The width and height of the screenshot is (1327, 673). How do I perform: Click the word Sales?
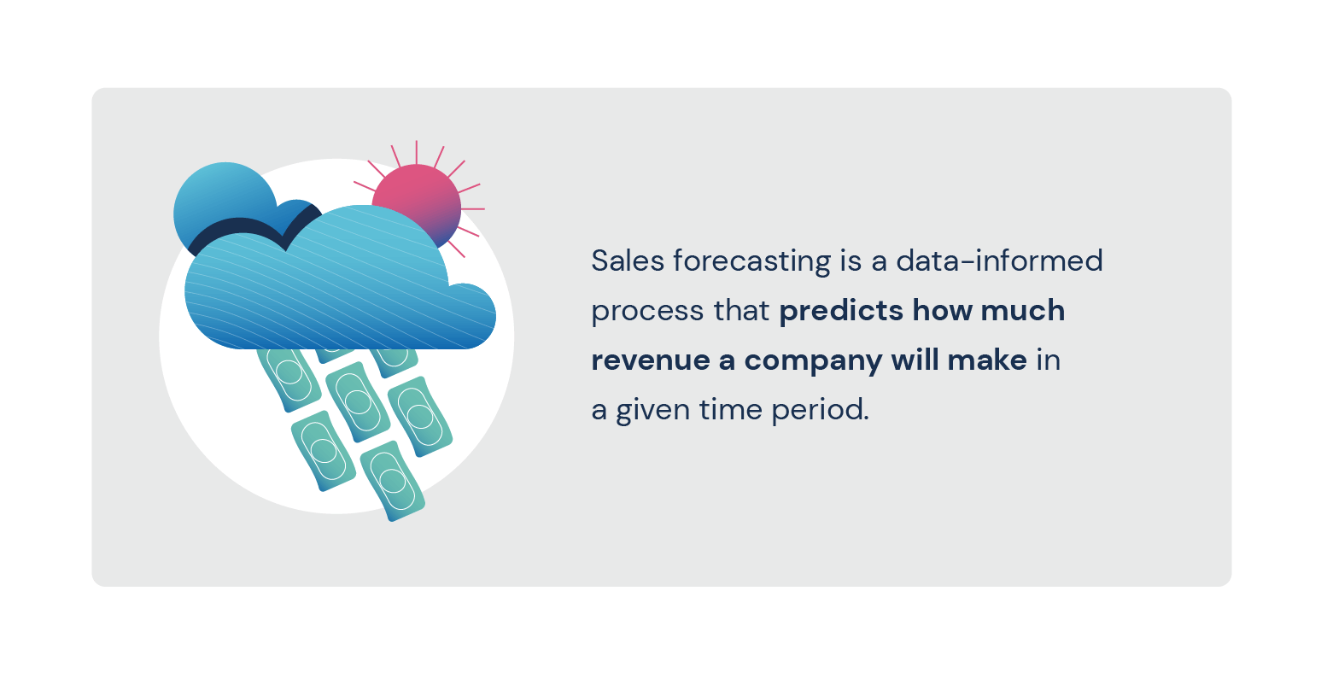[x=628, y=260]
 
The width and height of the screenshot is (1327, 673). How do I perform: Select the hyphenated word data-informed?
[x=999, y=260]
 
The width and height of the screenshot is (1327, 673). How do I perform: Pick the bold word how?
[x=942, y=310]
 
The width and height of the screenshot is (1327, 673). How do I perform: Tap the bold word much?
[x=1022, y=310]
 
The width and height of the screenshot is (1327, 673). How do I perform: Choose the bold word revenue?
[x=651, y=361]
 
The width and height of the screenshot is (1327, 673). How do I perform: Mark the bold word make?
[x=987, y=360]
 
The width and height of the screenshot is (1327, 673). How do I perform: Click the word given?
[x=653, y=411]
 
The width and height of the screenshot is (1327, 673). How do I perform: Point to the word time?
[x=730, y=410]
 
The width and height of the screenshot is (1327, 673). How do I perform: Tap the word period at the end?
[x=821, y=411]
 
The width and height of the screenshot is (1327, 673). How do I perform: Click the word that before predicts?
[x=741, y=310]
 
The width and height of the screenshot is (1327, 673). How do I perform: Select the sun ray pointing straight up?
[x=417, y=152]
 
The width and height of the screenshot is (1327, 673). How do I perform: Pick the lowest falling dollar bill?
[x=392, y=481]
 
